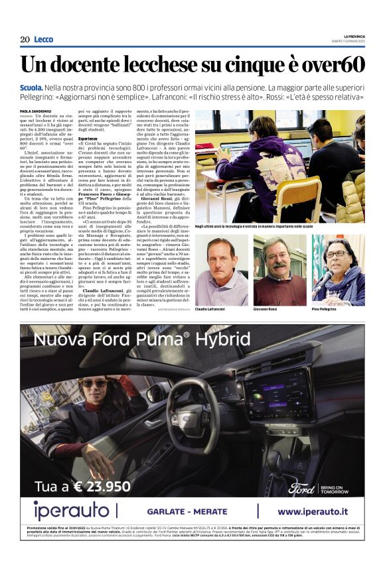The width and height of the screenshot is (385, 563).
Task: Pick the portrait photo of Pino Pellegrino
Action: tap(338, 263)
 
